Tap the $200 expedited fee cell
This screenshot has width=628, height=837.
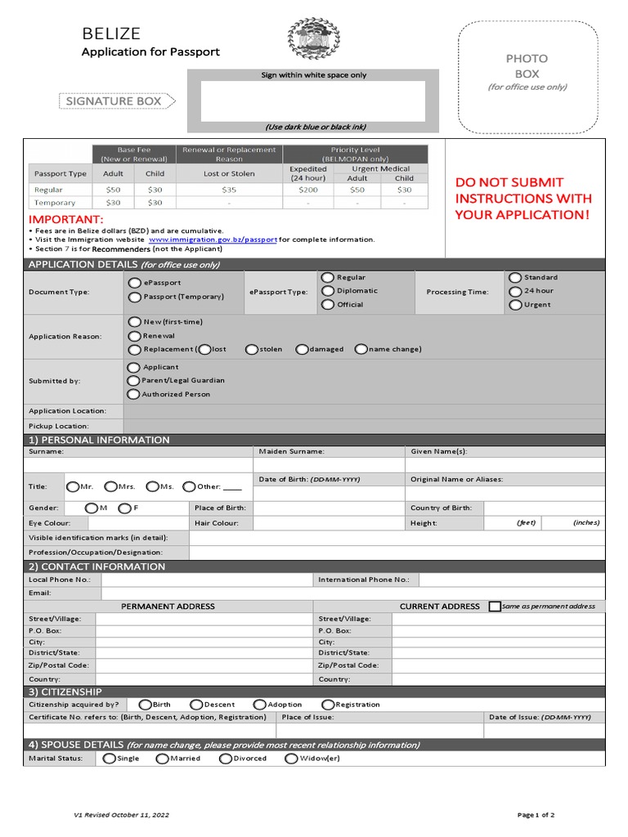click(x=307, y=190)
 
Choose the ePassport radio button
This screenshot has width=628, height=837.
click(x=134, y=283)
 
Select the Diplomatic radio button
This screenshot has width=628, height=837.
click(x=328, y=291)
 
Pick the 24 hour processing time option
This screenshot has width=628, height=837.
click(x=515, y=291)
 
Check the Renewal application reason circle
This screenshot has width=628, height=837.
click(x=134, y=336)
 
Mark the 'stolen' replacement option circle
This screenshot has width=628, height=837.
click(x=252, y=349)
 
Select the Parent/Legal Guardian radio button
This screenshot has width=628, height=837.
click(x=133, y=380)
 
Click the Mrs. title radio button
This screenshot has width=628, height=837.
click(x=111, y=486)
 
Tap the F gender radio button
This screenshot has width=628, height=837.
click(x=124, y=508)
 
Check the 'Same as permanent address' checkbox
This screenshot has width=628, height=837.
click(x=495, y=606)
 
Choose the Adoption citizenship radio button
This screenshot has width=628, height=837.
click(x=259, y=705)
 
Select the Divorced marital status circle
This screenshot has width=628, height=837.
click(x=226, y=759)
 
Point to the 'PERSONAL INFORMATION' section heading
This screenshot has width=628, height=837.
click(x=99, y=440)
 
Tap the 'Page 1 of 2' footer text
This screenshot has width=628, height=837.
click(x=536, y=815)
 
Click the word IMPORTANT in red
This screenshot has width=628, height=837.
click(x=66, y=220)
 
